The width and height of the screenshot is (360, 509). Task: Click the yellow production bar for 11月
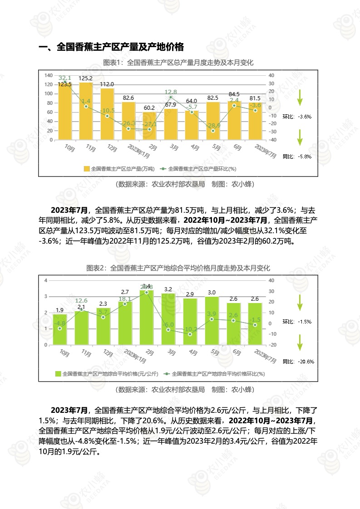click(x=86, y=113)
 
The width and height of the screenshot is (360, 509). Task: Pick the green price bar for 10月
click(x=63, y=330)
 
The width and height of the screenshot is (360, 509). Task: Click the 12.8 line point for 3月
click(x=171, y=97)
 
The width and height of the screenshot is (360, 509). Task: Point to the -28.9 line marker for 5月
click(x=213, y=131)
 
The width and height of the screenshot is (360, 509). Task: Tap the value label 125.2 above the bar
click(x=85, y=78)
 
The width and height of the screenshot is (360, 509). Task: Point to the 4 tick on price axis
click(x=45, y=280)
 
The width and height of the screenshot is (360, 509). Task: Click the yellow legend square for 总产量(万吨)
click(x=87, y=168)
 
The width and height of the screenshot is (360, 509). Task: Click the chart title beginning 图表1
click(x=178, y=63)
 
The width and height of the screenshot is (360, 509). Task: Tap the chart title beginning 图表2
click(x=178, y=268)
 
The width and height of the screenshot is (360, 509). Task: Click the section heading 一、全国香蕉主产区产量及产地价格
click(x=111, y=47)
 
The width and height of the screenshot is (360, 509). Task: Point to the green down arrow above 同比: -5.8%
click(x=300, y=137)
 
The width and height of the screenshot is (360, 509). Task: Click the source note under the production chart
click(x=178, y=184)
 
